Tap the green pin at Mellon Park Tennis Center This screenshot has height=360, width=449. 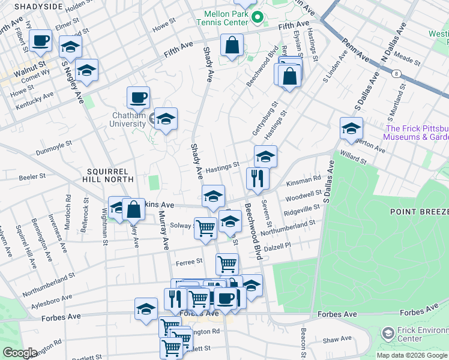point(258,17)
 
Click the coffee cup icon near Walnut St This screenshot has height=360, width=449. point(41,41)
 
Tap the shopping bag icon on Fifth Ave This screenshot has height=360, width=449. point(232,45)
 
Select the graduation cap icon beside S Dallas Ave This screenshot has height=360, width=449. point(351,128)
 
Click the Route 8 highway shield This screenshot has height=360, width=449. point(397,74)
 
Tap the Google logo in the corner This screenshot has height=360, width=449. point(20,353)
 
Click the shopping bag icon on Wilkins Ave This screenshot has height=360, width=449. point(134,209)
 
